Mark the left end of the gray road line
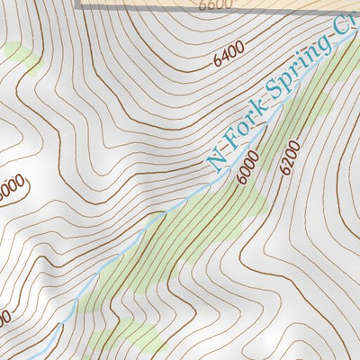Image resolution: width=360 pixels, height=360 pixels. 81,4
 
